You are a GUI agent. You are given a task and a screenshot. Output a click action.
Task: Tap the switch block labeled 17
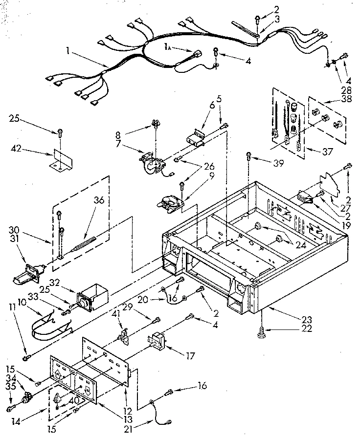159,339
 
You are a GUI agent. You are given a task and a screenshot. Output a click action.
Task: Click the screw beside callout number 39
250,156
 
